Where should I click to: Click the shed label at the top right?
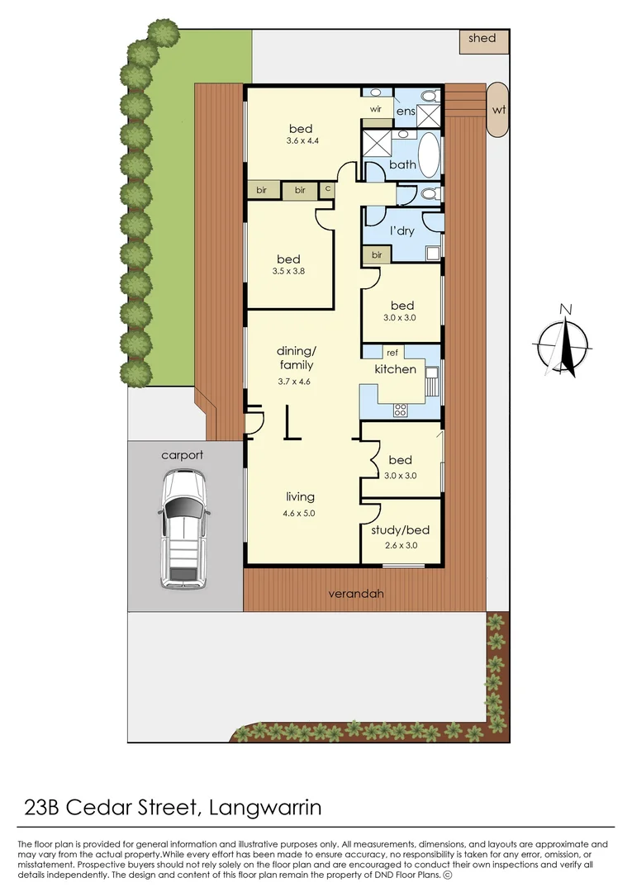click(x=482, y=38)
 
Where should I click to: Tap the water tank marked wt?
click(x=498, y=109)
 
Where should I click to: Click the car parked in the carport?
click(x=183, y=529)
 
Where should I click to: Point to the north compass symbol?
click(x=564, y=342)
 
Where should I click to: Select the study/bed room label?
click(x=400, y=530)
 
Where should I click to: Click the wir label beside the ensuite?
click(x=375, y=109)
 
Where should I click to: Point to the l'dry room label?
click(x=402, y=231)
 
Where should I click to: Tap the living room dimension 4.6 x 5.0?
click(x=300, y=513)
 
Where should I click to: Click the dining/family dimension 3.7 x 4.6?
click(x=294, y=381)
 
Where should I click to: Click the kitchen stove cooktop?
click(x=402, y=409)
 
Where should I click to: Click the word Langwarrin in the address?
click(x=265, y=806)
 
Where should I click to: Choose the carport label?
click(x=182, y=454)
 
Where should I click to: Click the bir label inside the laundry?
click(x=376, y=256)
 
